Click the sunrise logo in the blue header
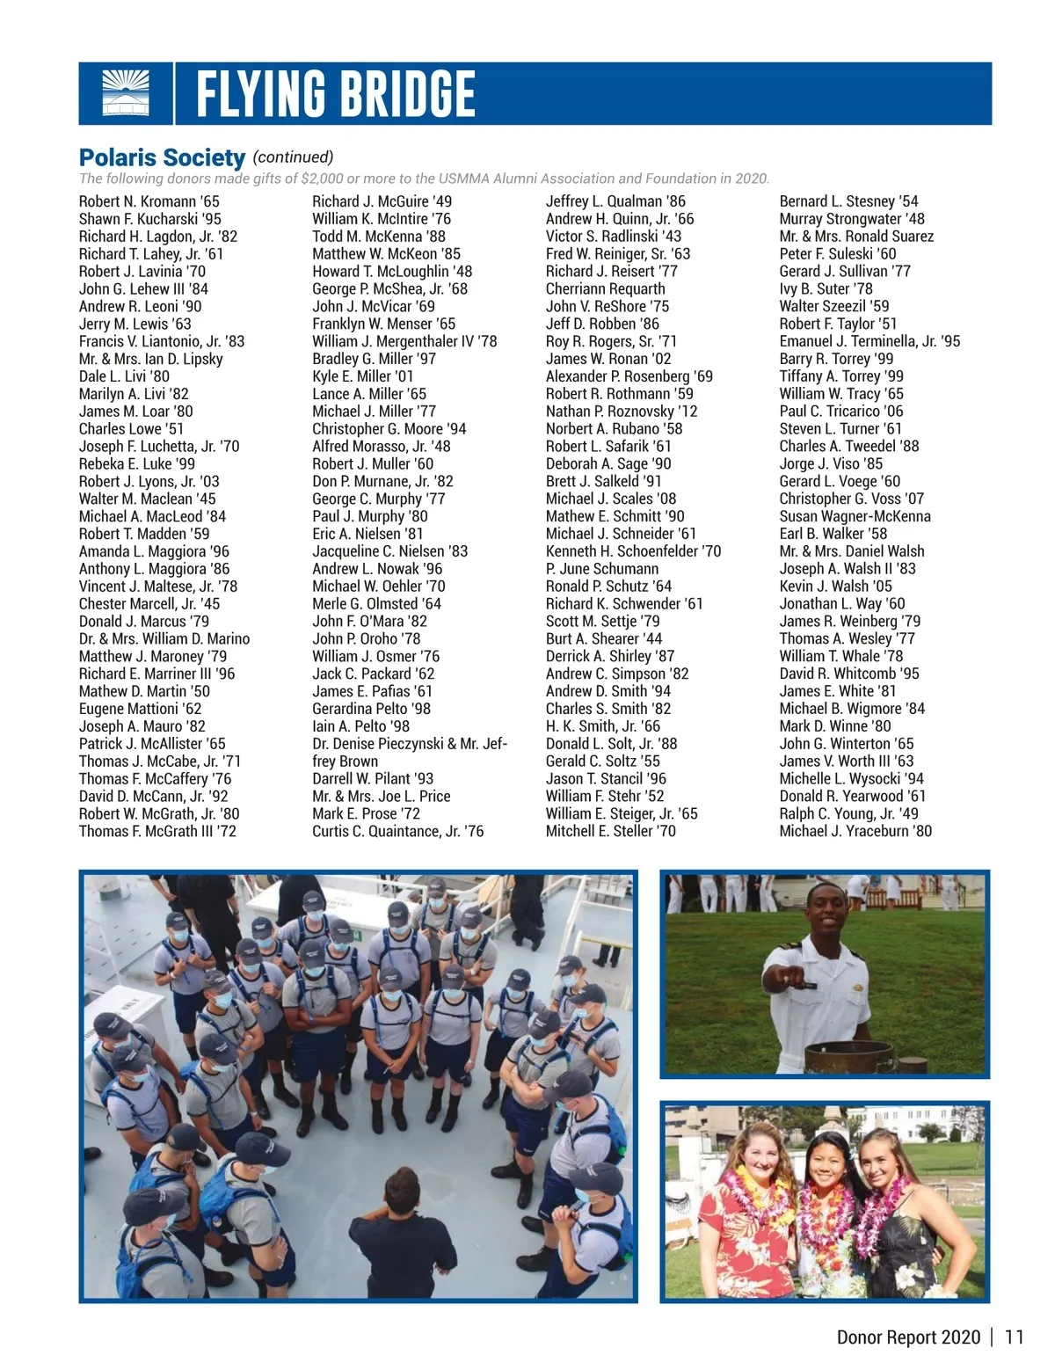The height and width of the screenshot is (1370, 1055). coord(126,93)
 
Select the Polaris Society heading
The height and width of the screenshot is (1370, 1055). coord(162,158)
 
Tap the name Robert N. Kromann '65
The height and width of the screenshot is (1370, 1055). coord(149,201)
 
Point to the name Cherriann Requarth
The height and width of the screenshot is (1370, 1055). coord(605,288)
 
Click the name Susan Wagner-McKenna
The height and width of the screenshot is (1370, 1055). coord(855,516)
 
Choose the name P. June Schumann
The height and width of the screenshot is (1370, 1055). coord(602,569)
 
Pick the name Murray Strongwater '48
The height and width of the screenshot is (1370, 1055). coord(852,219)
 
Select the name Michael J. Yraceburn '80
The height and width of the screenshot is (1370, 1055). coord(855,831)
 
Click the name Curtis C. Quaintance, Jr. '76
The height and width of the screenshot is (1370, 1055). coord(397,831)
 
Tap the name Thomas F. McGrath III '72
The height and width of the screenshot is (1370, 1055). coord(157,831)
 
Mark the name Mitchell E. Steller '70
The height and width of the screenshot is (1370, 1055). coord(611,831)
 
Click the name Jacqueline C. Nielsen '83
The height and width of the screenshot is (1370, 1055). coord(389,551)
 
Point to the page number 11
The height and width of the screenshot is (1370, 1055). coord(1014,1337)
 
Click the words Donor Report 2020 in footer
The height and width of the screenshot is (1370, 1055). coord(908,1337)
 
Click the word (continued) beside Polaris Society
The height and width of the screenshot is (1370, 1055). coord(293,157)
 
